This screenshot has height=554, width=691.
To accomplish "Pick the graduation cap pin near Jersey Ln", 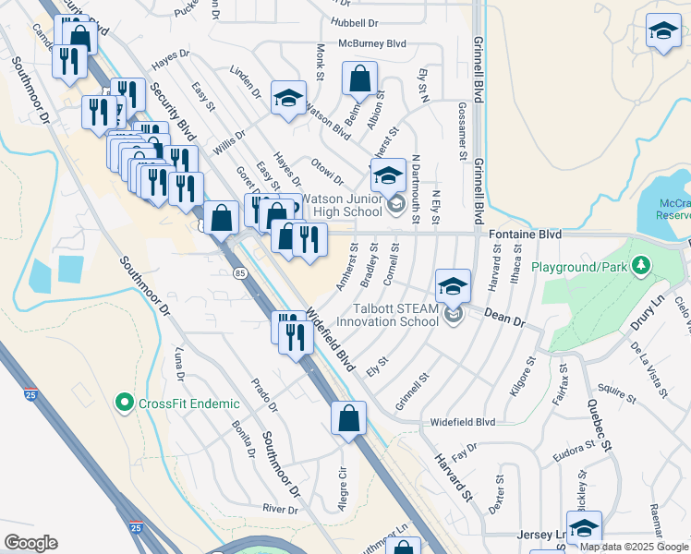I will coord(584,528).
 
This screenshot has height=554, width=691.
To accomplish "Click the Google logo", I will coord(30,543).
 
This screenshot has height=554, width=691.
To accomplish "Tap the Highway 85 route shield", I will coord(240,273).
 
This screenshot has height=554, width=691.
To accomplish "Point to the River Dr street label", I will coord(281,509).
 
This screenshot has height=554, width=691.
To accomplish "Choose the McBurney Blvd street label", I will coord(372,42).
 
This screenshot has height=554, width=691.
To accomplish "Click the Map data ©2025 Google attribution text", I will coord(633,547).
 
